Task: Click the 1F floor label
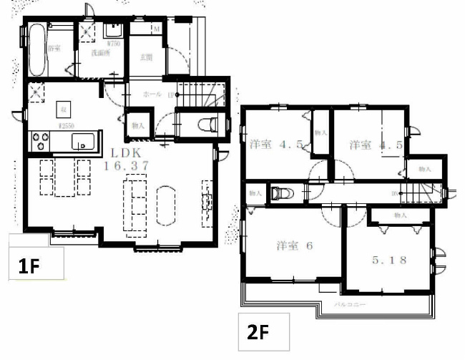pos(28,267)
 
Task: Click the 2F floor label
pos(257,334)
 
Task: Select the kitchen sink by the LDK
pos(83,142)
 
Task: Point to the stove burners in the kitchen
pos(42,141)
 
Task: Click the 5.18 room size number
pos(389,260)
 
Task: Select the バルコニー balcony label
pos(351,304)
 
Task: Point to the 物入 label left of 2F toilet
pos(255,193)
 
